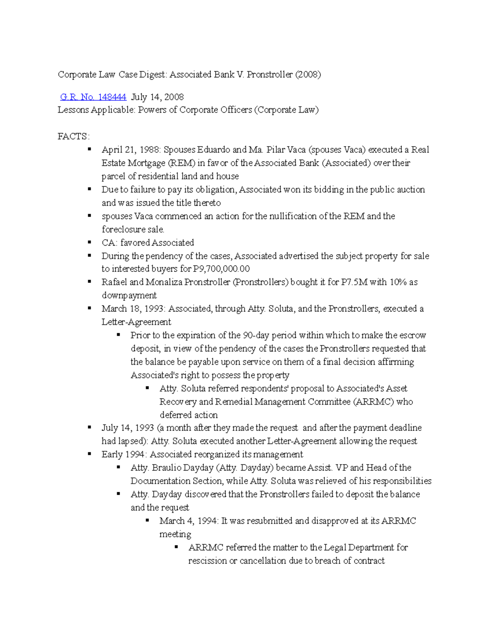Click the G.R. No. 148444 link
click(x=93, y=97)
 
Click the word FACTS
click(x=73, y=136)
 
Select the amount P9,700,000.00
click(x=221, y=269)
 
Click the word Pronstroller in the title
click(x=270, y=75)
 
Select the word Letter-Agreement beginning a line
click(x=136, y=322)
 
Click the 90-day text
click(x=256, y=335)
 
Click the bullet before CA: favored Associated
click(x=89, y=242)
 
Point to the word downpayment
click(x=129, y=295)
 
